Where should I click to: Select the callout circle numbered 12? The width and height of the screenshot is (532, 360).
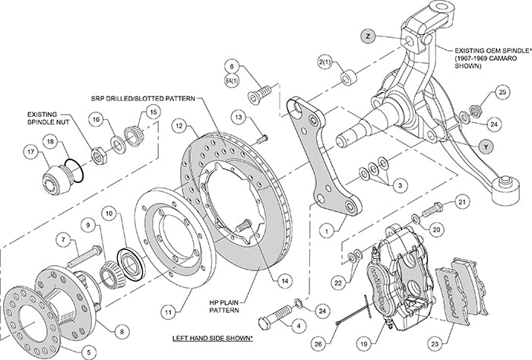[x=178, y=125]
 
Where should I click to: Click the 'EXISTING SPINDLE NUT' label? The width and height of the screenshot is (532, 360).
[x=49, y=117]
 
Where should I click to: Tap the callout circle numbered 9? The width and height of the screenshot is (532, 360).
[x=88, y=226]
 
